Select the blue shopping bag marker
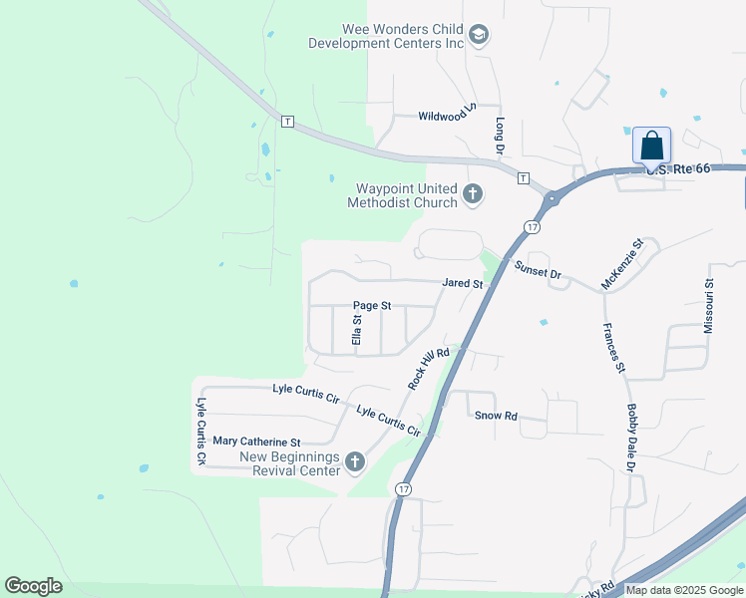[x=651, y=146]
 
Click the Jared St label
[x=463, y=284]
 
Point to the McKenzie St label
[x=624, y=264]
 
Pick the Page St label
[x=372, y=306]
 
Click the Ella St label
[x=356, y=330]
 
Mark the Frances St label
[x=612, y=348]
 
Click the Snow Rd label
[x=496, y=416]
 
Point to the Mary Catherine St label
[x=256, y=442]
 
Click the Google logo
[x=33, y=586]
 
